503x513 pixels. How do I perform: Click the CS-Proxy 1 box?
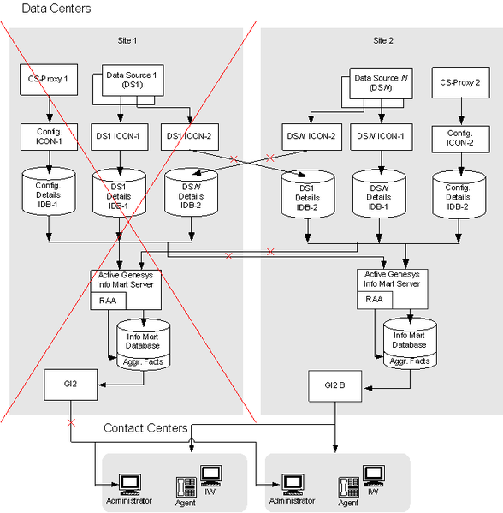pyautogui.click(x=49, y=80)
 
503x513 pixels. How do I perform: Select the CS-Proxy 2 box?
pyautogui.click(x=460, y=82)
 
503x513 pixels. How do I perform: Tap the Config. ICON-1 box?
pyautogui.click(x=49, y=137)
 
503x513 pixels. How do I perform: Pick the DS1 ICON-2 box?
pyautogui.click(x=190, y=137)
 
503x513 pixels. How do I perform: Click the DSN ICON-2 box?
pyautogui.click(x=311, y=137)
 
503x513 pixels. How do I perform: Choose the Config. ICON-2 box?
pyautogui.click(x=460, y=139)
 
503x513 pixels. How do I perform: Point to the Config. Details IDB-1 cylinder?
pyautogui.click(x=49, y=191)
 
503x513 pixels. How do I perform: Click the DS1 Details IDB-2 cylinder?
pyautogui.click(x=308, y=194)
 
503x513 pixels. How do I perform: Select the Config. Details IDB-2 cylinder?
pyautogui.click(x=459, y=194)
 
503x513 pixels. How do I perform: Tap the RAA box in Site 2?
pyautogui.click(x=375, y=300)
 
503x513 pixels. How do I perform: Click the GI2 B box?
pyautogui.click(x=335, y=386)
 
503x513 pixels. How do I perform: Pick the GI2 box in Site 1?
pyautogui.click(x=71, y=385)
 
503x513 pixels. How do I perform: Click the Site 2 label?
pyautogui.click(x=383, y=40)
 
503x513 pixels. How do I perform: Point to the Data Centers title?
pyautogui.click(x=56, y=9)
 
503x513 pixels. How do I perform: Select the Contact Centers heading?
pyautogui.click(x=145, y=428)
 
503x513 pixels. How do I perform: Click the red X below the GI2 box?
pyautogui.click(x=71, y=423)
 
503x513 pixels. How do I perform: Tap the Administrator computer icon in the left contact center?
pyautogui.click(x=130, y=485)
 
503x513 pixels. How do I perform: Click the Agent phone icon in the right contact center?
pyautogui.click(x=348, y=487)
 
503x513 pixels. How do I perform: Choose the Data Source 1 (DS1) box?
pyautogui.click(x=133, y=81)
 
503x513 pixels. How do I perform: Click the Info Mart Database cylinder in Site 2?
pyautogui.click(x=410, y=343)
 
